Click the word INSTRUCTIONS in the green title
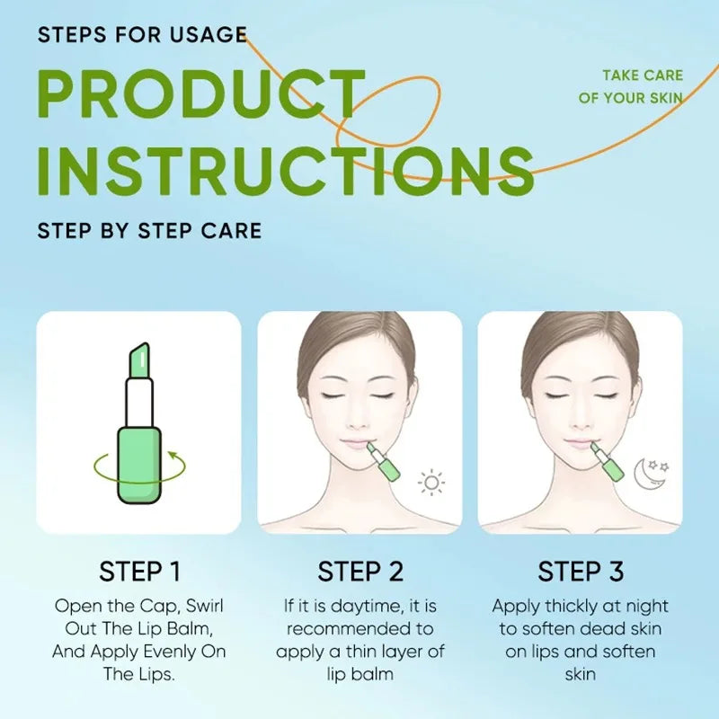click(286, 170)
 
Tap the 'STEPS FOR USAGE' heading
click(142, 35)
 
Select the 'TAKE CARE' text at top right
click(642, 76)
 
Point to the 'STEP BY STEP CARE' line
click(149, 230)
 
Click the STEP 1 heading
click(139, 572)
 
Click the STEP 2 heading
click(360, 572)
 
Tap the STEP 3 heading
click(581, 572)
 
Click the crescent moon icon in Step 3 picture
click(644, 474)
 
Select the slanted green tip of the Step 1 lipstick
click(140, 359)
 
